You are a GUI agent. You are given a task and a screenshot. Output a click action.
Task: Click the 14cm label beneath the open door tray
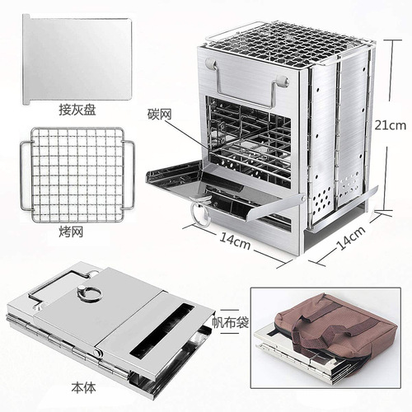(x=235, y=242)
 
